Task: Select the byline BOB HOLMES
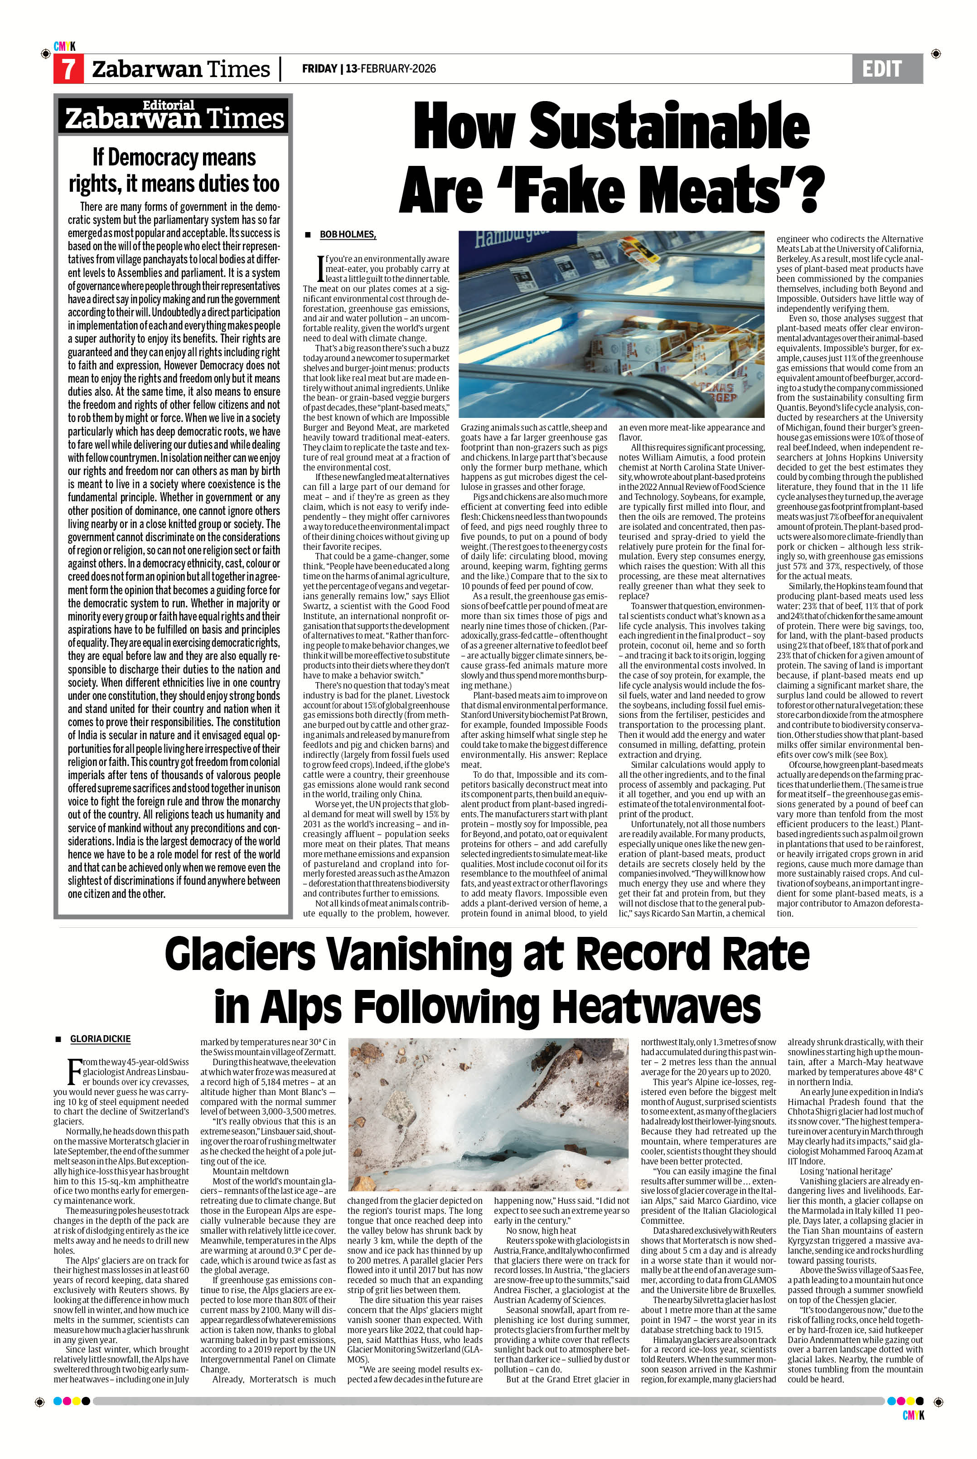pos(348,234)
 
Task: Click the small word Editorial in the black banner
pos(169,105)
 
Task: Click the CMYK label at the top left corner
pos(64,46)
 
